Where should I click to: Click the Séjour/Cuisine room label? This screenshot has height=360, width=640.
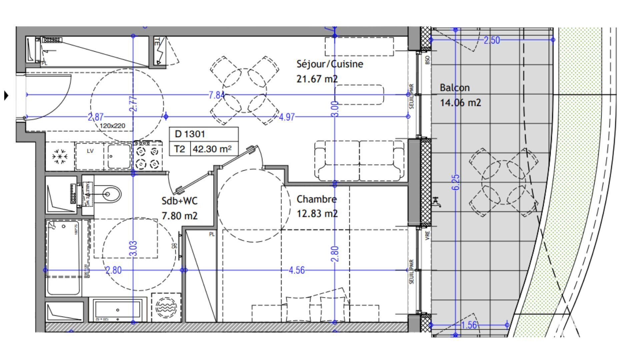329,64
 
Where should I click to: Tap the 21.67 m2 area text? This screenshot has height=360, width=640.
317,79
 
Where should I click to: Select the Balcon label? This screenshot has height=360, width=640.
454,88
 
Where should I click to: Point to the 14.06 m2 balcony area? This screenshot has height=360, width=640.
460,102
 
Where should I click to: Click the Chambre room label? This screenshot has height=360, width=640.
316,199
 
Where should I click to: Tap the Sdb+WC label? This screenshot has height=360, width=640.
179,201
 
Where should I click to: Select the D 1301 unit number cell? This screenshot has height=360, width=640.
190,134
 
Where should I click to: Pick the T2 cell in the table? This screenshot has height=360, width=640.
179,149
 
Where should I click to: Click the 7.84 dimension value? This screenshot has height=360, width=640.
216,95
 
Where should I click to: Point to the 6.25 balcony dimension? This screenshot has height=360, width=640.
456,182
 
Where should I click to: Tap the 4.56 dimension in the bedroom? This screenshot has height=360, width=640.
296,270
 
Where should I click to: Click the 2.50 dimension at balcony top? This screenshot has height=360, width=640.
492,40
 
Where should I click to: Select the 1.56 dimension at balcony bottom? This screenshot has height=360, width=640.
469,325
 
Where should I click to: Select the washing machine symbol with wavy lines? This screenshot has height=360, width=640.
166,307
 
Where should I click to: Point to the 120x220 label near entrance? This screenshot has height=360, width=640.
112,126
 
